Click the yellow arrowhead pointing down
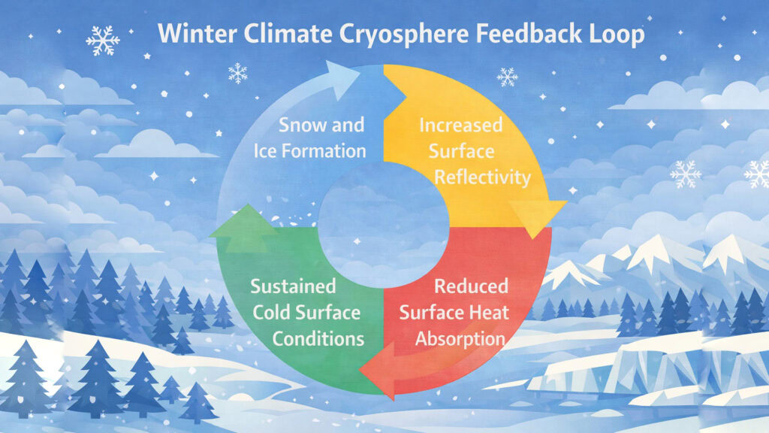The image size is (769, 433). (537, 218)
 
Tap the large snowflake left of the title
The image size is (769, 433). (103, 41)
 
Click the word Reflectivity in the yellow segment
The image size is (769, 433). (480, 178)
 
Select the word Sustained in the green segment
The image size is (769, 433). (293, 286)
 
